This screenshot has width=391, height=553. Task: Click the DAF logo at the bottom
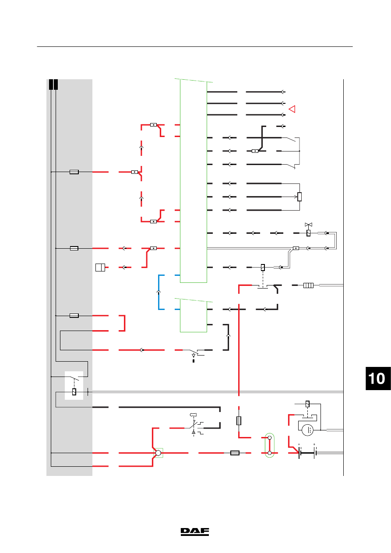pos(195,532)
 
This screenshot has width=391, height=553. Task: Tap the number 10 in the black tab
pos(377,378)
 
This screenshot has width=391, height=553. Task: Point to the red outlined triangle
pos(292,109)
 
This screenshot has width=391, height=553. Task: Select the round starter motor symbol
pos(307,430)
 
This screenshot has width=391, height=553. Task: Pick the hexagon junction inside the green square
pos(158,453)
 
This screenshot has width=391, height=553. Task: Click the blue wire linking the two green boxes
pos(159,292)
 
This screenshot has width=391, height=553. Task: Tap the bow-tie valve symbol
pos(308,225)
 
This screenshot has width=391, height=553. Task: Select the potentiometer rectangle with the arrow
pos(299,197)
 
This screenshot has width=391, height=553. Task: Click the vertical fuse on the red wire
pos(239,420)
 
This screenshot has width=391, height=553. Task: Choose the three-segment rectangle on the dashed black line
pos(308,285)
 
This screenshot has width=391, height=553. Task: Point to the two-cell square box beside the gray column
pos(100,268)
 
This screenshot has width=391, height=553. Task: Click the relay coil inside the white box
pos(74,392)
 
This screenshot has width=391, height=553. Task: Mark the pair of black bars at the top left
pos(53,85)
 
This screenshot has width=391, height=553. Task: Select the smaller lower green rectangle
pos(193,316)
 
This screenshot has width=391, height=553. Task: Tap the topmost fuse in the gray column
pos(74,172)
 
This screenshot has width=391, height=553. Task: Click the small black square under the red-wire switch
pos(194,361)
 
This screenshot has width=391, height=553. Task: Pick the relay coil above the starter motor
pos(307,404)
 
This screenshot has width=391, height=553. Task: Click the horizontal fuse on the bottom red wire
pos(235,453)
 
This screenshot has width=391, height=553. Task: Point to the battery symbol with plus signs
pos(307,453)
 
